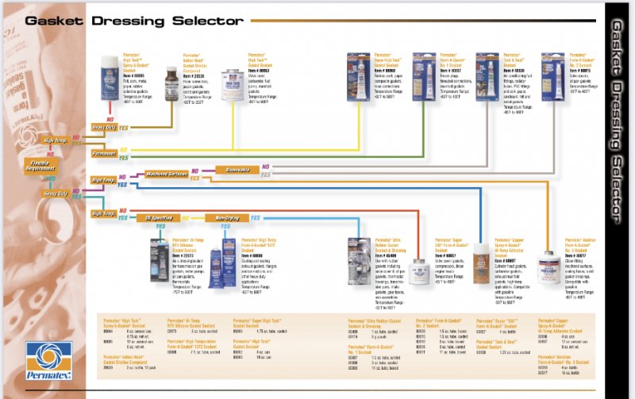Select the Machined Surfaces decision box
click(x=166, y=172)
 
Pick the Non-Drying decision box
click(x=221, y=217)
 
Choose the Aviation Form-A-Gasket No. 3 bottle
click(x=548, y=269)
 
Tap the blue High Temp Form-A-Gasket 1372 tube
click(x=229, y=259)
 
